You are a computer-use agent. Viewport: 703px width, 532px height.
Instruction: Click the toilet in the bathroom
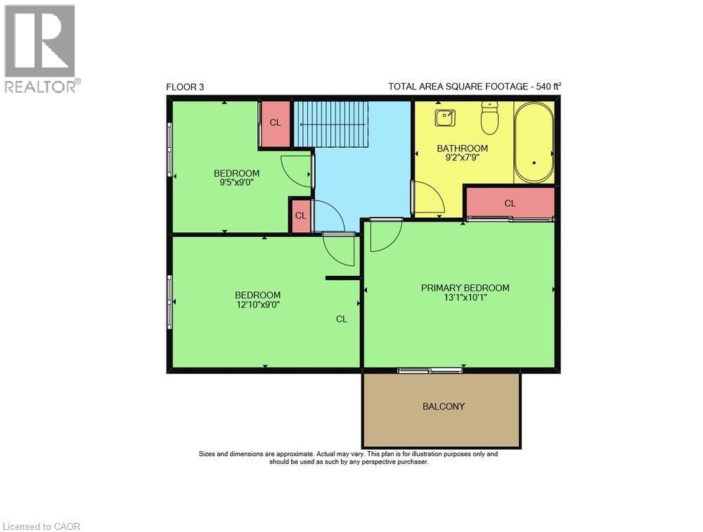[x=489, y=118]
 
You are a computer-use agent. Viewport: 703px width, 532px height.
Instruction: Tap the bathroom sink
[x=444, y=118]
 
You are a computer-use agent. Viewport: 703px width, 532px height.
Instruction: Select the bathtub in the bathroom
[x=534, y=143]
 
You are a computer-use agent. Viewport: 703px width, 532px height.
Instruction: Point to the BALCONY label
[x=444, y=406]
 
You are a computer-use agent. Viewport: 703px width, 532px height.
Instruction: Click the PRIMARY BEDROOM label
[x=465, y=288]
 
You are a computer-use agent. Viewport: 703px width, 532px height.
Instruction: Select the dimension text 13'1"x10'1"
[x=465, y=298]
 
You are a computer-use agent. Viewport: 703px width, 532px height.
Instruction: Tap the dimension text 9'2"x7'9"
[x=462, y=158]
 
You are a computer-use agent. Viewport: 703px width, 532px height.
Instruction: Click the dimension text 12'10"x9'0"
[x=257, y=305]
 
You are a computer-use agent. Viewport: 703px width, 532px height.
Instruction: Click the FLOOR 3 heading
[x=185, y=87]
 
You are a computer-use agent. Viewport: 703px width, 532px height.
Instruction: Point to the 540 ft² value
[x=548, y=87]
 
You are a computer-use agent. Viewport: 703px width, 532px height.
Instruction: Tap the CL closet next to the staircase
[x=276, y=122]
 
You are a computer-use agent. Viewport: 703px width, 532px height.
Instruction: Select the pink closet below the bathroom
[x=510, y=203]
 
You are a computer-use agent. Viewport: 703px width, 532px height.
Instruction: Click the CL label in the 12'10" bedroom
[x=341, y=319]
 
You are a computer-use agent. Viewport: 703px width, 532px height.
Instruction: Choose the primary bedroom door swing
[x=383, y=234]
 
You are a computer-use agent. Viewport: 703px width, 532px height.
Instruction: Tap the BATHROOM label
[x=462, y=148]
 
